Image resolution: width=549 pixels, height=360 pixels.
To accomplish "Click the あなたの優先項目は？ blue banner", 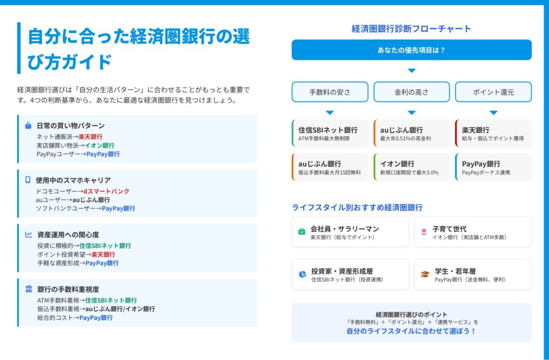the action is point(411,50).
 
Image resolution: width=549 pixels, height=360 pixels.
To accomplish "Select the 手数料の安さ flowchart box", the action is point(330,92).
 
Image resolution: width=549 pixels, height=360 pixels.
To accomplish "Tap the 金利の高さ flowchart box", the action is point(411,92).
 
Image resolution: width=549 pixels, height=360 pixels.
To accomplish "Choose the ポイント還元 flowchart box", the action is point(493,92).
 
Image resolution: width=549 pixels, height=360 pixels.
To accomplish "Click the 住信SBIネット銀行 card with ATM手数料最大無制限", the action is point(330,133).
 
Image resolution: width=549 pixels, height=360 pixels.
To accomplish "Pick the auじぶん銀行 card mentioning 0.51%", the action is point(411,133).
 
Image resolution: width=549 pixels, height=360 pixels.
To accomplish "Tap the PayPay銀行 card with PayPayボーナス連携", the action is point(493,167).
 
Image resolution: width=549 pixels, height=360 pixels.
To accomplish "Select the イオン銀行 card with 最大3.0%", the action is point(411,167).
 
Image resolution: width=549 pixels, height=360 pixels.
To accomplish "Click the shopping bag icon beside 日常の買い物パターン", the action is point(28,126).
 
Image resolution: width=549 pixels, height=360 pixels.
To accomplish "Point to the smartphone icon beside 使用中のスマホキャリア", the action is point(28,180).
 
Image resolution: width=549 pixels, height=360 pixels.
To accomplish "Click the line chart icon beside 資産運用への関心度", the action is point(29,234).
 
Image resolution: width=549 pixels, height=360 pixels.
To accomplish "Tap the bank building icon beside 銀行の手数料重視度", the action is point(29,289).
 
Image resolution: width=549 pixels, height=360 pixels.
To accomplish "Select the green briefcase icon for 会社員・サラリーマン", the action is point(301,231).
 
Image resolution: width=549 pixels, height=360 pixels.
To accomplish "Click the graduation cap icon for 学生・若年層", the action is point(425,274).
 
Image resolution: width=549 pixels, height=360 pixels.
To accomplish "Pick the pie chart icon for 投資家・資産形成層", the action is point(302,274).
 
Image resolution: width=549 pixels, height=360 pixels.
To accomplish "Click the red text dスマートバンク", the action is point(107,192).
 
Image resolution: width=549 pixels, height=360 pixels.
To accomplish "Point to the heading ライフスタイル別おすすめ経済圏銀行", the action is point(357,208).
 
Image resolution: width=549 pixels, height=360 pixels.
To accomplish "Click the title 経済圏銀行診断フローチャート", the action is point(411,29).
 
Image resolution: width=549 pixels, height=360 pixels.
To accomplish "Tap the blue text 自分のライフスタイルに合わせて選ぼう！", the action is point(411,331).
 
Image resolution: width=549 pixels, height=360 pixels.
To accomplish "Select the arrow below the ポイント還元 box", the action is point(493,113).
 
